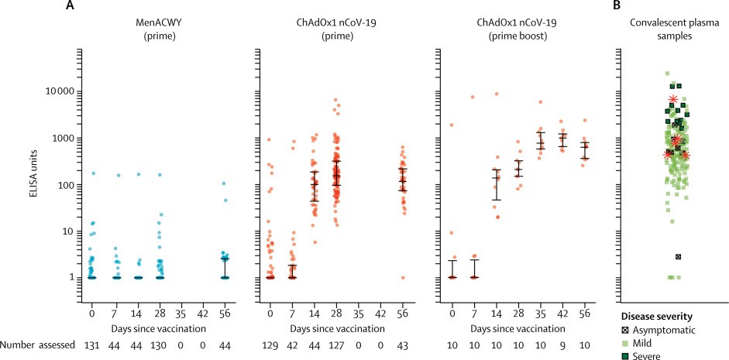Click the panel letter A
[x=70, y=6]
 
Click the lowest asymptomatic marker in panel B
[x=678, y=256]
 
